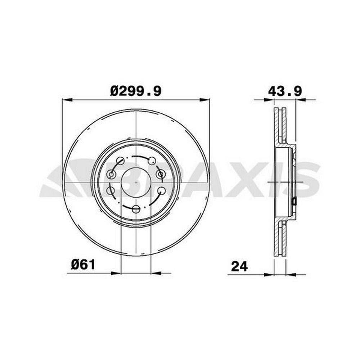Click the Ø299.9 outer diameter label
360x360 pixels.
click(136, 91)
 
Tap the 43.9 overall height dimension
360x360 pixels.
click(285, 91)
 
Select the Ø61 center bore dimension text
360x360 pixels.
click(83, 265)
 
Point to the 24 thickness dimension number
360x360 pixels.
click(240, 266)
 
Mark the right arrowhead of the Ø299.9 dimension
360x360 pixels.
click(204, 100)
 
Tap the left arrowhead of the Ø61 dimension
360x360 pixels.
click(116, 273)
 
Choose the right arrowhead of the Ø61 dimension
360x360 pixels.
click(156, 273)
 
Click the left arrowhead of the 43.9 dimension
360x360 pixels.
click(269, 100)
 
